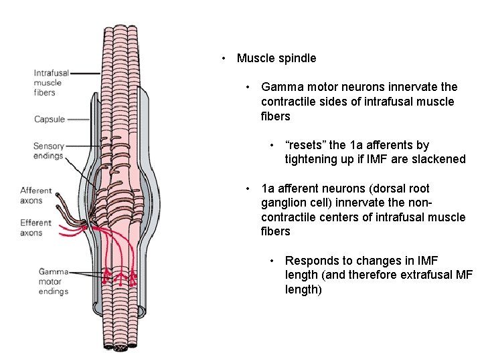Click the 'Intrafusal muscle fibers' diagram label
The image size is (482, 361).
[x=48, y=83]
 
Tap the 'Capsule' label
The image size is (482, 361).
[x=50, y=120]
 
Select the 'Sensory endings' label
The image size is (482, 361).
[x=48, y=151]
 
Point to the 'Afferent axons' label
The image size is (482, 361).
[x=35, y=195]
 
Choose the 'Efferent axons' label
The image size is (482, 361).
[x=35, y=227]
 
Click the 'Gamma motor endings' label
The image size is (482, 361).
[x=53, y=281]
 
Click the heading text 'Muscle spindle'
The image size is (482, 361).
[x=276, y=58]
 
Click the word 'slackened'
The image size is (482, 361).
[x=440, y=159]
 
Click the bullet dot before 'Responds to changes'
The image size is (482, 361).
[x=272, y=261]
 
